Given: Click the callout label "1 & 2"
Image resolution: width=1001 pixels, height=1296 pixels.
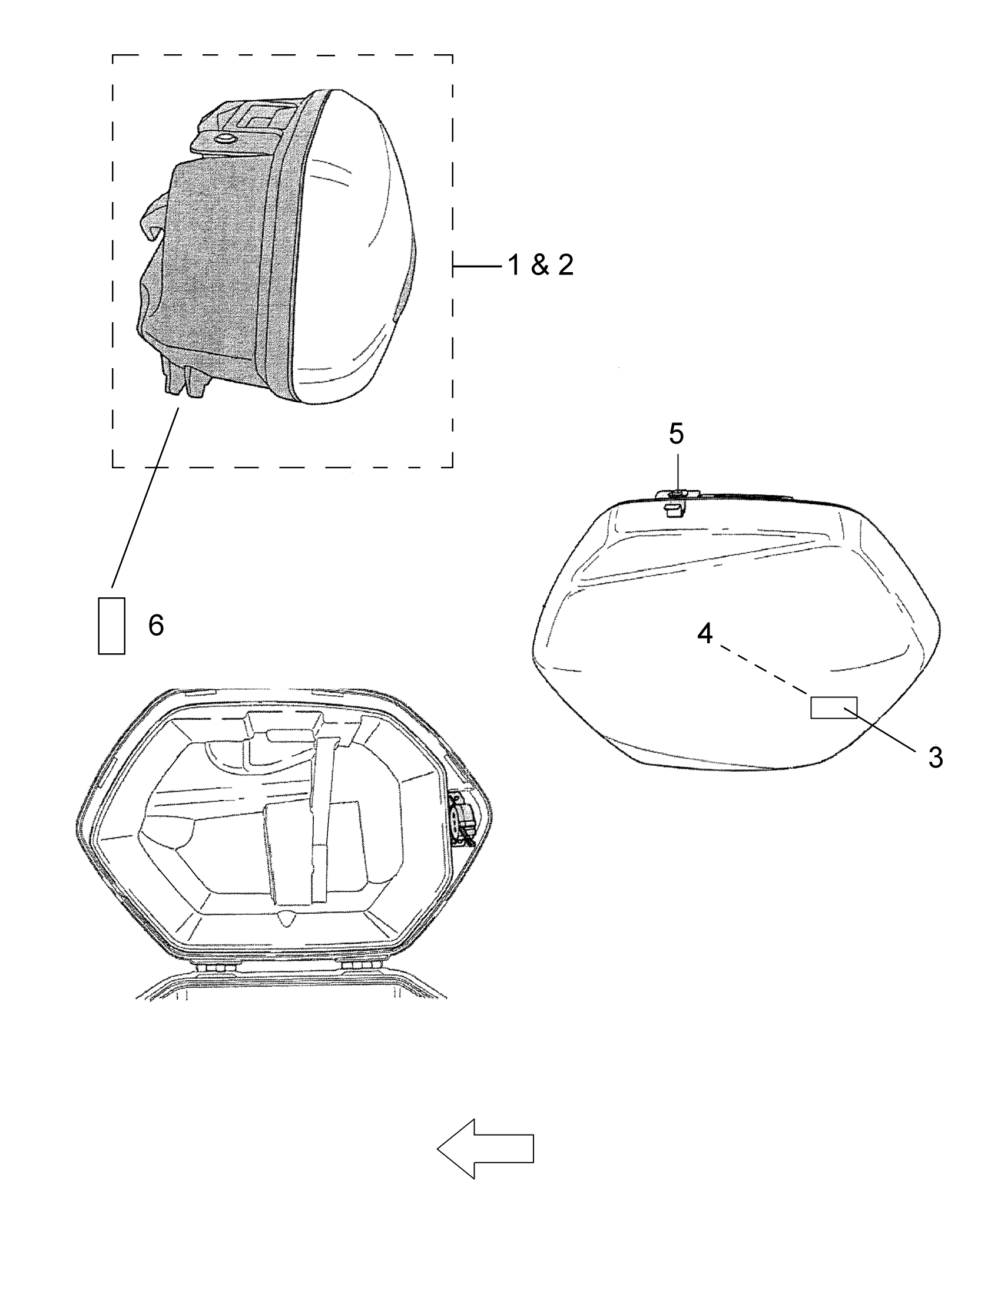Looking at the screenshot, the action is pos(540,265).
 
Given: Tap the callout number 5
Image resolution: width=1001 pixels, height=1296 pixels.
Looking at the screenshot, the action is pos(676,434).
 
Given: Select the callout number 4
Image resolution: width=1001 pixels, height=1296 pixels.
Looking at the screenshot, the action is pos(704,634).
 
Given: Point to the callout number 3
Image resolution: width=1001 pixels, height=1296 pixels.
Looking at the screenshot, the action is pos(935,758).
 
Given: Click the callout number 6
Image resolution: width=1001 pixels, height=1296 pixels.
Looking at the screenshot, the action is pos(156,626).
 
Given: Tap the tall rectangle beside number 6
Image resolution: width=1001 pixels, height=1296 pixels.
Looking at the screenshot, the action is pos(111,626).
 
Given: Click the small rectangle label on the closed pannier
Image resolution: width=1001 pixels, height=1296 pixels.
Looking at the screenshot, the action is pos(833,707).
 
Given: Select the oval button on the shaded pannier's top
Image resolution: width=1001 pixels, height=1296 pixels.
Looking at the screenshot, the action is pos(226,139).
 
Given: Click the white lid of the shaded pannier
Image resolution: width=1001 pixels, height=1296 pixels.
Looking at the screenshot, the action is pos(356,249).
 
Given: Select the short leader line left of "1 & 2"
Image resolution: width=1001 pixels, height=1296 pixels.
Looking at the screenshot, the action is pos(478,267).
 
